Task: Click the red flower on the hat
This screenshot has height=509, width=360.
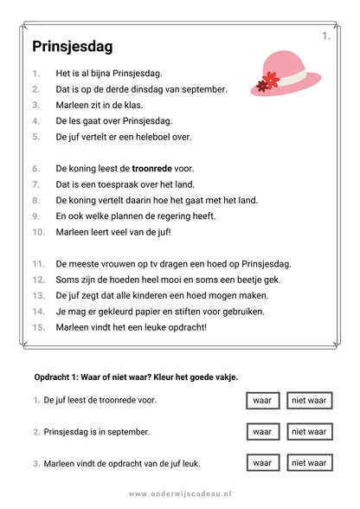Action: click(x=264, y=83)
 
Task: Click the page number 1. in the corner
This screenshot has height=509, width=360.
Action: click(x=325, y=35)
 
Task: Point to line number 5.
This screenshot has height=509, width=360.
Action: click(x=36, y=137)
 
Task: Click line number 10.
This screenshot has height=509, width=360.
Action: click(x=39, y=232)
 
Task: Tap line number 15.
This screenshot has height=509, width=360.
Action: click(x=39, y=327)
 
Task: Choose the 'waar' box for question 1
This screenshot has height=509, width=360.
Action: click(x=261, y=400)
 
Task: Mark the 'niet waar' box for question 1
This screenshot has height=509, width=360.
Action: click(x=309, y=400)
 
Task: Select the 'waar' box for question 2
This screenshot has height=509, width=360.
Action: click(x=261, y=431)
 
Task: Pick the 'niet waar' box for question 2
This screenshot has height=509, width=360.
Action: click(x=309, y=431)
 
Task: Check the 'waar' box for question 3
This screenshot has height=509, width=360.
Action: click(x=261, y=463)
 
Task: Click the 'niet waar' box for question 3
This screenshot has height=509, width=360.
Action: click(x=309, y=463)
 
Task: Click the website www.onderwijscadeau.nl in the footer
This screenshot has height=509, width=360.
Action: click(x=180, y=493)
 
